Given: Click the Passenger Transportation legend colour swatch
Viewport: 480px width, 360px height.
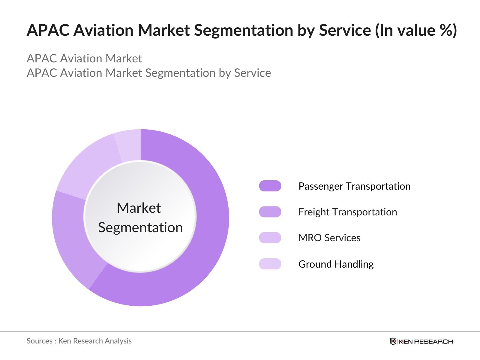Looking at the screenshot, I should click(270, 186).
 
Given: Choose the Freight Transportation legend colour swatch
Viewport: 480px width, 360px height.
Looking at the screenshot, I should click(270, 212).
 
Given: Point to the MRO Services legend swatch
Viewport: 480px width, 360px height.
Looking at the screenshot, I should click(270, 238).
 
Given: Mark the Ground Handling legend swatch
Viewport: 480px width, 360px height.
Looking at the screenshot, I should click(270, 264).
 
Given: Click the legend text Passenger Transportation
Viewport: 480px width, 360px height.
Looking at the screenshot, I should click(354, 186).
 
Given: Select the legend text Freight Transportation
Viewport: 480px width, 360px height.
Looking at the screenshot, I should click(347, 212).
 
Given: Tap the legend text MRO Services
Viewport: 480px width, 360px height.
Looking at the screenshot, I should click(329, 238).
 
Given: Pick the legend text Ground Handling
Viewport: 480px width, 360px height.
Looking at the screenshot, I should click(336, 264).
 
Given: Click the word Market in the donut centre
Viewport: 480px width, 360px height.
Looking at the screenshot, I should click(139, 208).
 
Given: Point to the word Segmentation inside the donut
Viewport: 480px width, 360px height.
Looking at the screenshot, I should click(140, 227).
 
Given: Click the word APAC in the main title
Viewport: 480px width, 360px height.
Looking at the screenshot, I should click(48, 30).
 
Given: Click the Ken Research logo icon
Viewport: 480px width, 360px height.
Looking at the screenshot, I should click(393, 341).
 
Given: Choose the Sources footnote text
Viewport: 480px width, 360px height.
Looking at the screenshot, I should click(79, 341).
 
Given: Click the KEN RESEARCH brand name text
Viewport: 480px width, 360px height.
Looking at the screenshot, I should click(426, 341).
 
